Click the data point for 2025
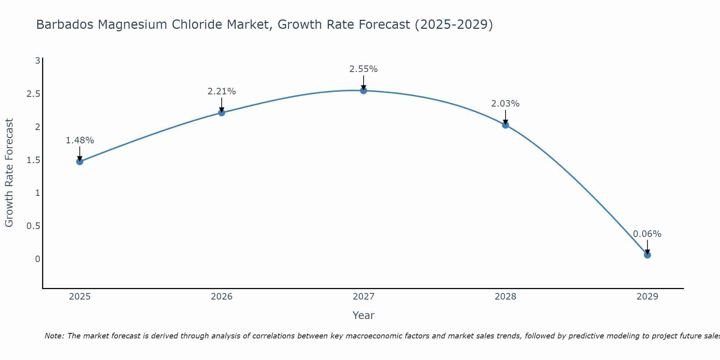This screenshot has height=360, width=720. pos(80,161)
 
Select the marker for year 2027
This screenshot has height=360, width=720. pos(364,90)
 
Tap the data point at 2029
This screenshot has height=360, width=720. pos(647,255)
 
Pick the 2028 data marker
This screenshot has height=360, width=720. pos(505,125)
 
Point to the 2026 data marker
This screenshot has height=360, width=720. pos(222,113)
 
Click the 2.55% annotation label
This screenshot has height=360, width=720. pos(364,69)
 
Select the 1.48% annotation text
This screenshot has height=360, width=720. pos(80,140)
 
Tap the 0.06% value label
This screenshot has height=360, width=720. pos(647,234)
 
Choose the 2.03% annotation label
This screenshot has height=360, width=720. pos(505,104)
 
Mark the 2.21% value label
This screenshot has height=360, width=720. pos(222,91)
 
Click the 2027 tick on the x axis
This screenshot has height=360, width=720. pos(364,297)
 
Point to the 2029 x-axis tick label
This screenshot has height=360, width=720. pos(647,297)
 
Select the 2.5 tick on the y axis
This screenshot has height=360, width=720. pos(33,94)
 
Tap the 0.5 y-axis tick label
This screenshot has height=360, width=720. pos(33,226)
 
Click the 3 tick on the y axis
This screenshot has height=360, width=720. pos(37,61)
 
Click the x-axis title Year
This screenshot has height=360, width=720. pos(364,315)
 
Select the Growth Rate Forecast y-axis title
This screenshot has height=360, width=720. pos(9,173)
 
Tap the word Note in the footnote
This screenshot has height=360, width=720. pos(54,336)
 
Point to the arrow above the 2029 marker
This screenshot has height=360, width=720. pos(647,247)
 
